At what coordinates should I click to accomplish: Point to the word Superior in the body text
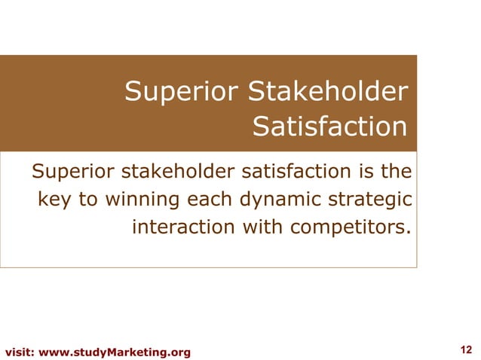pyautogui.click(x=74, y=174)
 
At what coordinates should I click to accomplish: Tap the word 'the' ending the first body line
pyautogui.click(x=396, y=174)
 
